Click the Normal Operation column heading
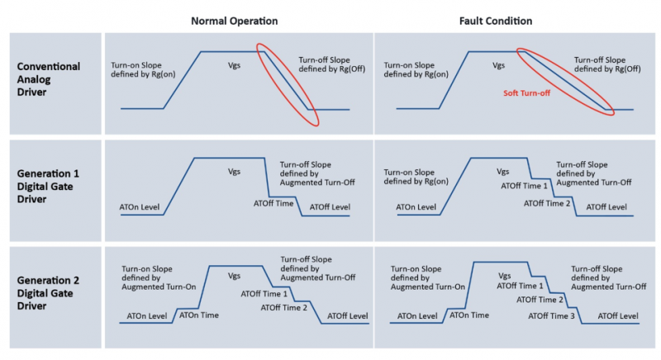(x=235, y=21)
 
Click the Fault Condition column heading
(x=496, y=21)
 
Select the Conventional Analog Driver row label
(x=49, y=79)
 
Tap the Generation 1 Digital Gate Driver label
(x=48, y=186)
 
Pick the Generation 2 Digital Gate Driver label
(x=48, y=293)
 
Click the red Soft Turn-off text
(x=526, y=93)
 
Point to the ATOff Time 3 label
(x=551, y=315)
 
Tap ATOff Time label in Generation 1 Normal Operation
(x=273, y=203)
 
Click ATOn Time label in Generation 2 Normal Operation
(x=199, y=315)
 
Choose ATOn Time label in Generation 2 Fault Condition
(x=469, y=315)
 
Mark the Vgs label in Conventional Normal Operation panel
(x=234, y=66)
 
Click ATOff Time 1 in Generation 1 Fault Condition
(x=524, y=186)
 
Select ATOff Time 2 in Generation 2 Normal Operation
(x=283, y=308)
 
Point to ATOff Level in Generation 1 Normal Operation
(x=330, y=206)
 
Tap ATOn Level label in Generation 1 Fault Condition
(x=416, y=206)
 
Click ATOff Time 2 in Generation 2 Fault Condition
(x=540, y=300)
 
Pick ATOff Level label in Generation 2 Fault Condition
(x=618, y=315)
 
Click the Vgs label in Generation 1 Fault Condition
(x=502, y=172)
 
